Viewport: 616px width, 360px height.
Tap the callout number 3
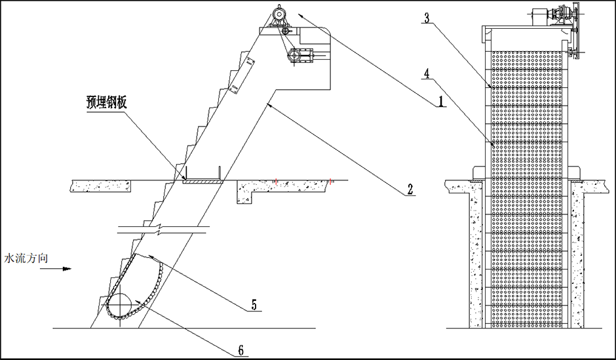pos(427,18)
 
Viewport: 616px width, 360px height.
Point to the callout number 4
pos(427,73)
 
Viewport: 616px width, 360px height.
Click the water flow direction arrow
pos(64,268)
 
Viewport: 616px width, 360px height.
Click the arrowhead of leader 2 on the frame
pos(270,105)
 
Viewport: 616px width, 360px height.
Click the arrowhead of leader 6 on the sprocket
pos(142,302)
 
